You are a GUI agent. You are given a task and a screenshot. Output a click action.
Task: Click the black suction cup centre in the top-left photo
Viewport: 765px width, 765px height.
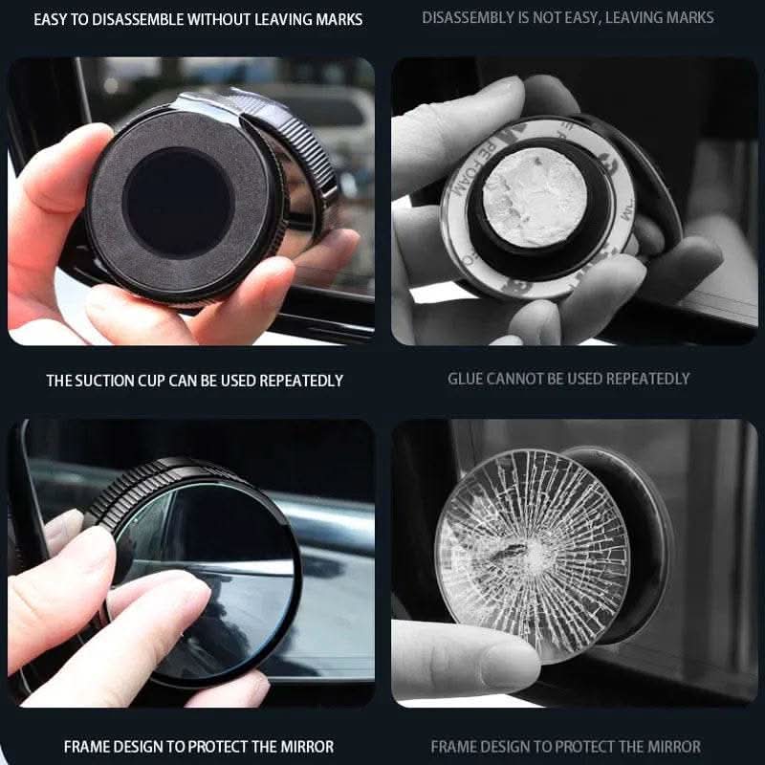[x=179, y=202]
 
